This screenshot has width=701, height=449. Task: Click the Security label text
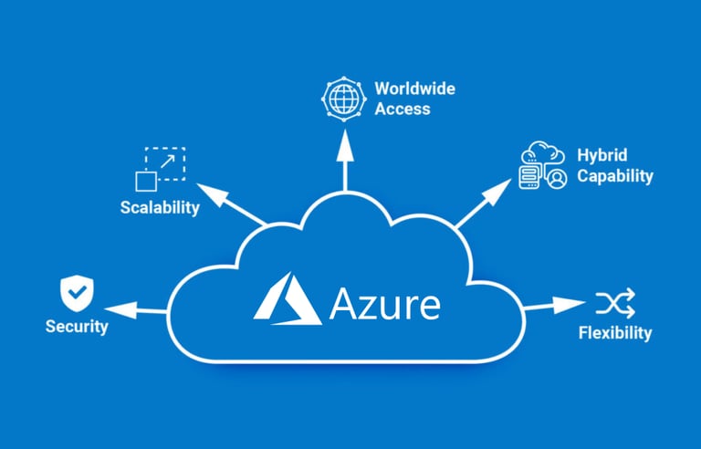coord(77,326)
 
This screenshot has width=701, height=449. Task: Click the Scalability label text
coord(160,207)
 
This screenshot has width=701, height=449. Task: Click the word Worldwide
coord(414,89)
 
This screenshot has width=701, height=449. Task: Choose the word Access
coord(402,109)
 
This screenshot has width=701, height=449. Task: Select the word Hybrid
coord(602,154)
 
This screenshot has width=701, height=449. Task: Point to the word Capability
coord(614,175)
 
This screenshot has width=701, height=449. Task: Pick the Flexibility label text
coord(615,332)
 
